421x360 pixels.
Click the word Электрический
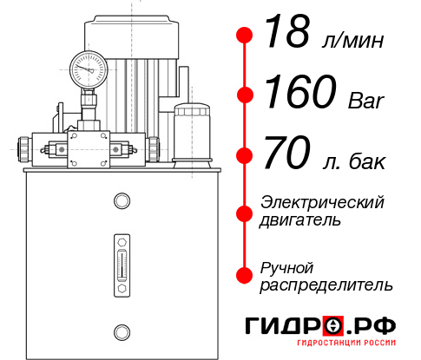click(x=323, y=201)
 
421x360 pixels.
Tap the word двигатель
click(x=300, y=219)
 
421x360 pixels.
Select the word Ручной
click(x=287, y=265)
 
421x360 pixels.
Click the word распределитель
click(x=326, y=284)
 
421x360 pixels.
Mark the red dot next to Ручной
click(x=246, y=274)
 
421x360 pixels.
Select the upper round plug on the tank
click(x=121, y=202)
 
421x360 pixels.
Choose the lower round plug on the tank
click(x=121, y=330)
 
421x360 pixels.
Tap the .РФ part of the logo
click(x=374, y=326)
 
